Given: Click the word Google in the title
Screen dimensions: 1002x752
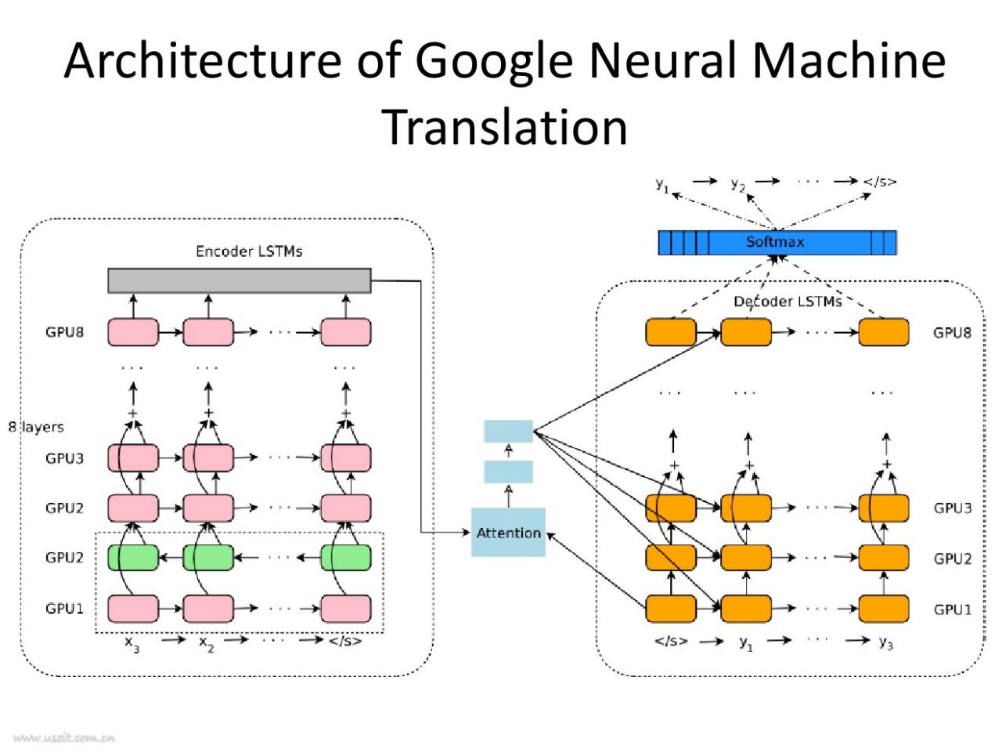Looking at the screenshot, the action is coord(495,63).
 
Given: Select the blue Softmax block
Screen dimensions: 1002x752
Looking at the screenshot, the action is coord(777,243).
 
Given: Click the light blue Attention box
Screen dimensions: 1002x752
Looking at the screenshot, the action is coord(508,532).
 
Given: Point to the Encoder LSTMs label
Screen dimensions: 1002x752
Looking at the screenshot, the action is coord(249,251).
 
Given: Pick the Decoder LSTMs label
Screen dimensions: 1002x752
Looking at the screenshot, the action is coord(788,302).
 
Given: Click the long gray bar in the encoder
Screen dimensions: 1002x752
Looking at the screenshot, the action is coord(240,280).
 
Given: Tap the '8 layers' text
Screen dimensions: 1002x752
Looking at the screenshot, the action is coord(36,427).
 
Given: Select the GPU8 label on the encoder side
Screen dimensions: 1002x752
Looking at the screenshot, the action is coord(64,332).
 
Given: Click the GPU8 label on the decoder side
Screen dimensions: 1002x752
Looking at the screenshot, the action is coord(952,332).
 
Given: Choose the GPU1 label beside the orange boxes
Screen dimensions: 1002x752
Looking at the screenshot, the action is coord(953,609).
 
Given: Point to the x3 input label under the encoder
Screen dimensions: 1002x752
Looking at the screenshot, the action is coord(132,644).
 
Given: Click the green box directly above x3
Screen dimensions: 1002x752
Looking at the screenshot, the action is coord(133,558).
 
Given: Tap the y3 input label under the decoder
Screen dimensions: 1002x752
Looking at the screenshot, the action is coord(886,643).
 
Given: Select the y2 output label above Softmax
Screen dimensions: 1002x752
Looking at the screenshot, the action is coord(737,184).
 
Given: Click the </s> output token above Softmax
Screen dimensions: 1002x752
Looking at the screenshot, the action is coord(880,182).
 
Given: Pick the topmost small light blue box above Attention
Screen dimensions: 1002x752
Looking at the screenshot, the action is coord(508,431).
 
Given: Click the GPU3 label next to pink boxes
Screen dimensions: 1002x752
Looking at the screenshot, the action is coord(64,458).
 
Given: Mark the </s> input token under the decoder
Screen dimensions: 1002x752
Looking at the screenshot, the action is coord(671,641).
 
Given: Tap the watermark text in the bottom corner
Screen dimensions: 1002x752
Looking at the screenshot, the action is coord(64,738).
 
